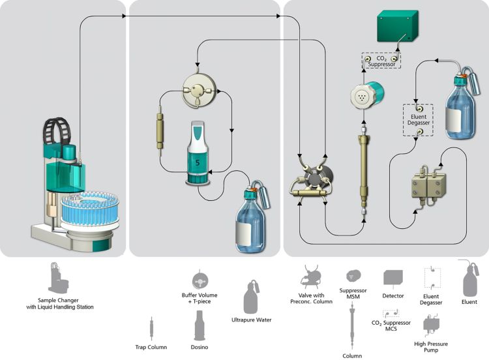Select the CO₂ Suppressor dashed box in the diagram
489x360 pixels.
pos(381,61)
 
